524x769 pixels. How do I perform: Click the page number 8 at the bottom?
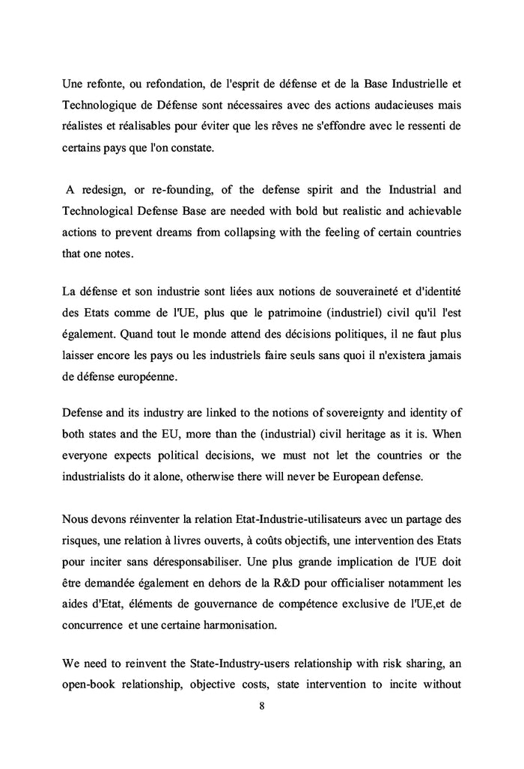click(x=261, y=704)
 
